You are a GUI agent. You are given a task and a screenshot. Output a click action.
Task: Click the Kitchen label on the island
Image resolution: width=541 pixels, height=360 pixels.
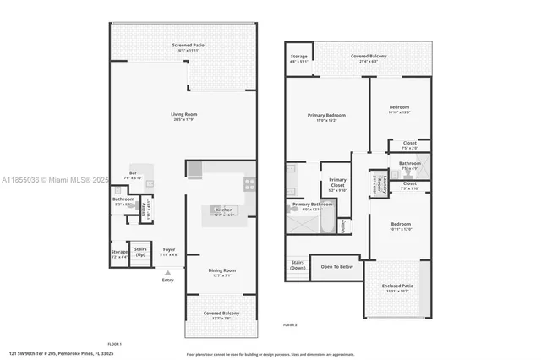pyautogui.click(x=224, y=210)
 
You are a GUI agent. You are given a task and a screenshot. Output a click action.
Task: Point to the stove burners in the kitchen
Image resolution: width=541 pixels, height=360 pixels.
pyautogui.click(x=250, y=183)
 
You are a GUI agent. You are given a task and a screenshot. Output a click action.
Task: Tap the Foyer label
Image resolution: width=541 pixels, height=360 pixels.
pyautogui.click(x=169, y=249)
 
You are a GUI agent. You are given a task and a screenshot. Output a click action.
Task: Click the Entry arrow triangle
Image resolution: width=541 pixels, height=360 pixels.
pyautogui.click(x=167, y=272)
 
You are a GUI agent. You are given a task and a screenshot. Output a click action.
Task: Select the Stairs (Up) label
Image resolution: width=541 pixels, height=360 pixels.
pyautogui.click(x=140, y=251)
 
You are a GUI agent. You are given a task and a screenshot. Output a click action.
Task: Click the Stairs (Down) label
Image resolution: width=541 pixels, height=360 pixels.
pyautogui.click(x=298, y=265)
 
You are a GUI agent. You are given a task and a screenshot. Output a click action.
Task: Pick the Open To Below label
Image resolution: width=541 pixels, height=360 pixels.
pyautogui.click(x=336, y=267)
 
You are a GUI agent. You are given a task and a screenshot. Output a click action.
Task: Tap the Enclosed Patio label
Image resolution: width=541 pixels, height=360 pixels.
pyautogui.click(x=396, y=287)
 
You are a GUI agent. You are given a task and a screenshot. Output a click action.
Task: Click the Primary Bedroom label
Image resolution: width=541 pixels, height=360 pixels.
pyautogui.click(x=326, y=116)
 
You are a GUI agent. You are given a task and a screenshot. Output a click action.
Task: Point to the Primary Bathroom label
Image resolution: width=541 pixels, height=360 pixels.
pyautogui.click(x=311, y=205)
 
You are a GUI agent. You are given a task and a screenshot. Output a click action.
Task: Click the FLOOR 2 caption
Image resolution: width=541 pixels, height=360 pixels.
pyautogui.click(x=290, y=325)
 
